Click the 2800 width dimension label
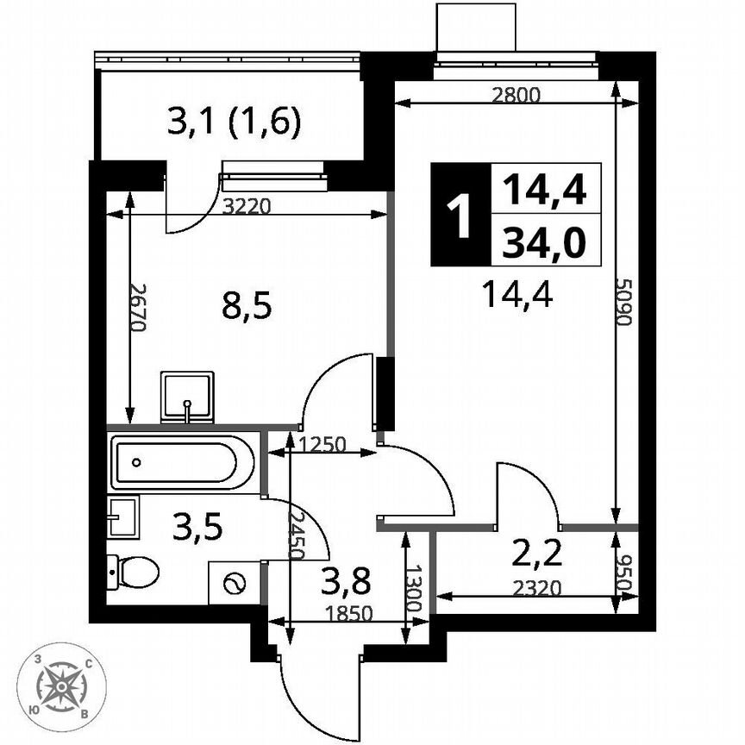(516, 96)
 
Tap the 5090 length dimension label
(623, 301)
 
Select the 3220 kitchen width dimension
(247, 207)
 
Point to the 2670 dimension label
(137, 308)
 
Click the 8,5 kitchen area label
(247, 305)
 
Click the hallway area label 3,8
(346, 581)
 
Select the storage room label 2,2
(537, 554)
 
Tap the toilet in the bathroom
(133, 572)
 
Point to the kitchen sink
(187, 398)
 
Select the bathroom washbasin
(123, 517)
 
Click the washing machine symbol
(235, 583)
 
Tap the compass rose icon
(61, 686)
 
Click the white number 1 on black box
(460, 215)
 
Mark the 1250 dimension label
(322, 445)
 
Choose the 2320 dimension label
(537, 588)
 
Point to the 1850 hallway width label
(349, 614)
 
